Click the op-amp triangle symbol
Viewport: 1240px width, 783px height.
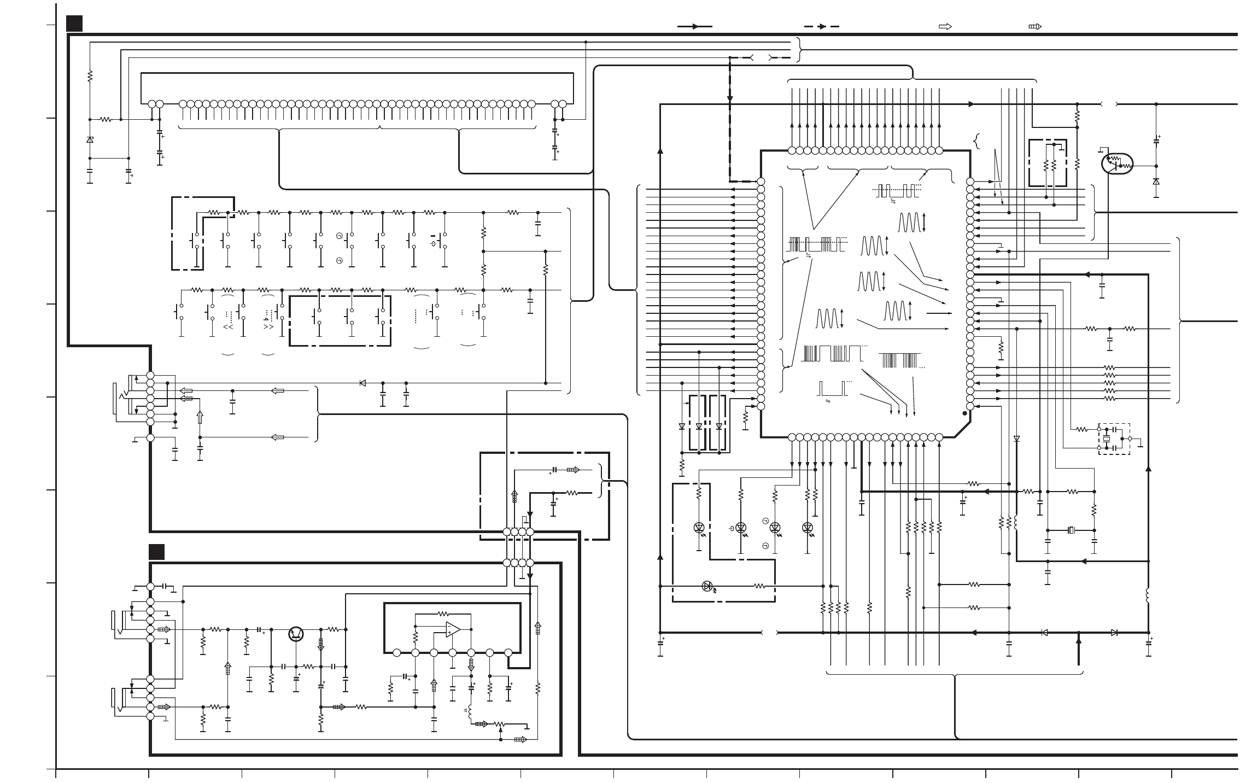(453, 629)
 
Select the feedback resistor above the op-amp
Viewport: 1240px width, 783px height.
(443, 613)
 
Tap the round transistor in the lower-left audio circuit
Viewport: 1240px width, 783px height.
(296, 634)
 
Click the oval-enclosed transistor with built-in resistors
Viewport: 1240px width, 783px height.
(1116, 163)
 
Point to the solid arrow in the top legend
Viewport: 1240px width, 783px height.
(695, 26)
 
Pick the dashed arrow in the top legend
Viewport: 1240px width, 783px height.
(821, 26)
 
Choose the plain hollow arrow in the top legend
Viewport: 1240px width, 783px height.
(945, 26)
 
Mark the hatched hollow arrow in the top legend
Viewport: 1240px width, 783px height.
(1035, 26)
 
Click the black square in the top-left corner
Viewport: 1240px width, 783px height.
(74, 24)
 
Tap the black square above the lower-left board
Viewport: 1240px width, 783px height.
(157, 552)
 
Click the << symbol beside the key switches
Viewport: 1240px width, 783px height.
(228, 327)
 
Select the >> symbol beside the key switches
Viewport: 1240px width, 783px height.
(268, 327)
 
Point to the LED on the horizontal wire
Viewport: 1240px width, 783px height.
(707, 586)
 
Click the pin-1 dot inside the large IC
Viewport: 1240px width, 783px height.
(964, 414)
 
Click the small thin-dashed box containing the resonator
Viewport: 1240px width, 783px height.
(1114, 439)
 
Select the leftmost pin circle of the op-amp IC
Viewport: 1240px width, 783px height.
(397, 652)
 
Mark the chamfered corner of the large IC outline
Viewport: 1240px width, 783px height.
(962, 430)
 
